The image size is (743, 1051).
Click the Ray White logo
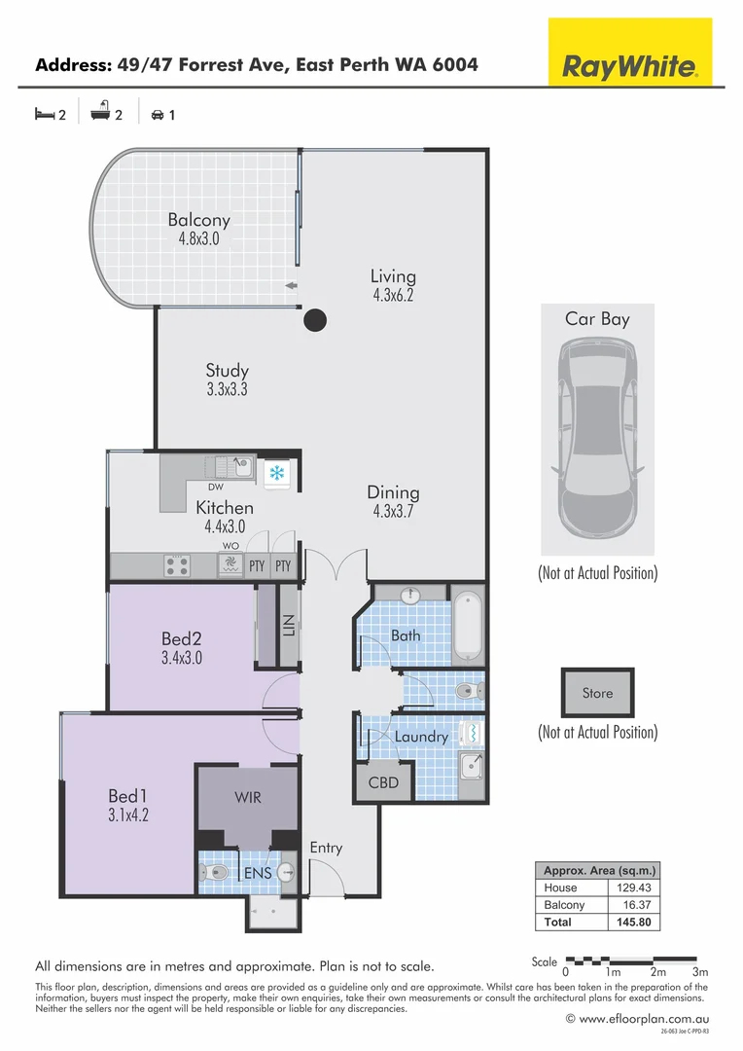point(630,66)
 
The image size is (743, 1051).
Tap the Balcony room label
point(198,220)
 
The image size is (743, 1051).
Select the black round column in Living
point(314,319)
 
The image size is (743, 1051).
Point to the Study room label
point(228,371)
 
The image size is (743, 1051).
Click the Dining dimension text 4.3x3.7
point(393,513)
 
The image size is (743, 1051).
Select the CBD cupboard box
point(383,782)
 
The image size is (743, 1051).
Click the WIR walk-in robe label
point(248,797)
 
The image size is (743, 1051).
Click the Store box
point(597,693)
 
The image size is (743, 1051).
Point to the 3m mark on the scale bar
point(699,971)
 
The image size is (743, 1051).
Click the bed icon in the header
point(44,114)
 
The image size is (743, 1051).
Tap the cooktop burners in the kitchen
point(176,564)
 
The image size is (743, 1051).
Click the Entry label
point(326,848)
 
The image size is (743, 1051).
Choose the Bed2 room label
point(181,639)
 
